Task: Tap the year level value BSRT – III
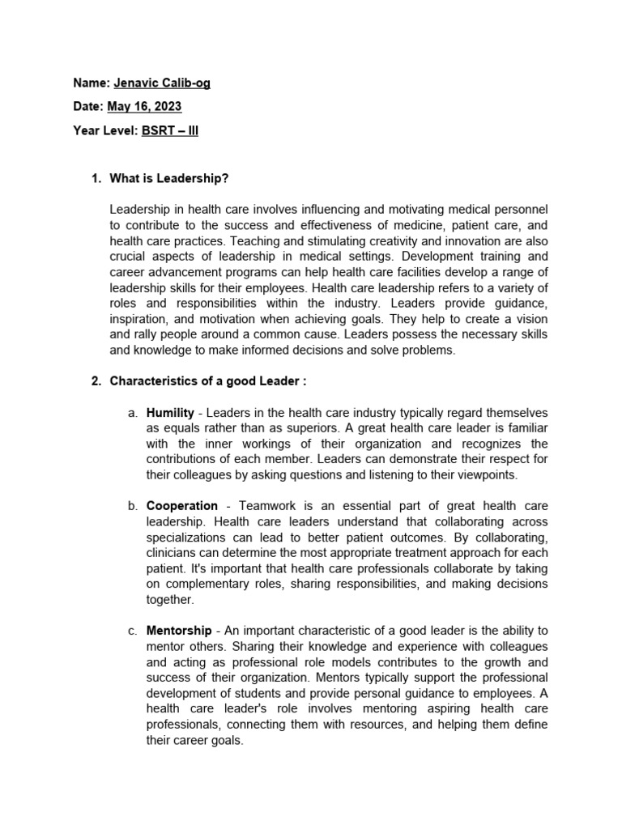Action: pyautogui.click(x=170, y=130)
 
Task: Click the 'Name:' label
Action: pyautogui.click(x=89, y=83)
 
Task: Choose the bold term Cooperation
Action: pyautogui.click(x=182, y=506)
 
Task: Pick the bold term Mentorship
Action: pyautogui.click(x=179, y=631)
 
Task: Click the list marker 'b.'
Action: pyautogui.click(x=133, y=506)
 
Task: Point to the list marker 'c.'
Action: pyautogui.click(x=133, y=631)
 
